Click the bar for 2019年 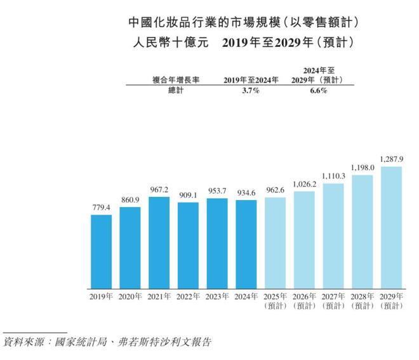pyautogui.click(x=101, y=251)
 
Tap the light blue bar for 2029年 pyautogui.click(x=391, y=227)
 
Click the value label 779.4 pyautogui.click(x=101, y=208)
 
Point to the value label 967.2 pyautogui.click(x=159, y=190)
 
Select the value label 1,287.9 pyautogui.click(x=391, y=159)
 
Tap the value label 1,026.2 pyautogui.click(x=304, y=184)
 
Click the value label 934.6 pyautogui.click(x=246, y=193)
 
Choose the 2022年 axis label pyautogui.click(x=188, y=297)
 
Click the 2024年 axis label pyautogui.click(x=246, y=297)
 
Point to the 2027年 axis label pyautogui.click(x=333, y=297)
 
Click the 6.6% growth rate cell pyautogui.click(x=317, y=91)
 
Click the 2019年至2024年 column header pyautogui.click(x=248, y=80)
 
